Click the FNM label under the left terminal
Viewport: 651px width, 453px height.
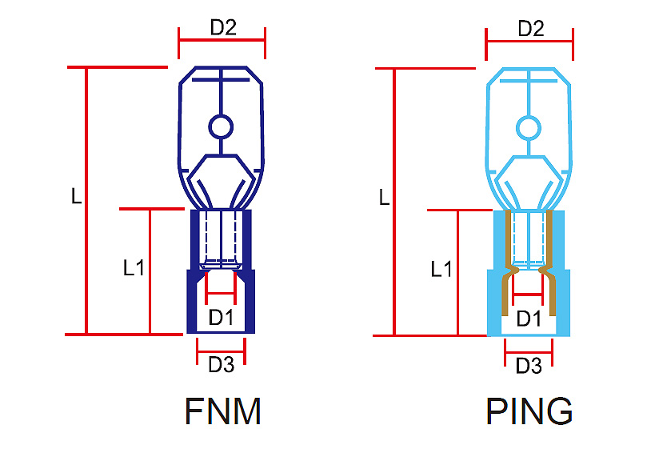222,411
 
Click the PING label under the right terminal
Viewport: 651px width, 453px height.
529,411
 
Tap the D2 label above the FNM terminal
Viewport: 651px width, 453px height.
222,27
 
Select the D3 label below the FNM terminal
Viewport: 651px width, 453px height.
221,365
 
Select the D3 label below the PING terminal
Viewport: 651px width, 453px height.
529,367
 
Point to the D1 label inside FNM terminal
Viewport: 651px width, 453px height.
221,317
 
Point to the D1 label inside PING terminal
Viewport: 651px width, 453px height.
529,319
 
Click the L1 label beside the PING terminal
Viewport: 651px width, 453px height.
441,269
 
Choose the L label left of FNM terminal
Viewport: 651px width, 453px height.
77,196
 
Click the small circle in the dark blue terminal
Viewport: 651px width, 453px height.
220,126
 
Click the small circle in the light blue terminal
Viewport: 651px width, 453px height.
528,128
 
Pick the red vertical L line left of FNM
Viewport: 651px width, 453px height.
86,200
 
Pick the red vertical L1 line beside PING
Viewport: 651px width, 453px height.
457,272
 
